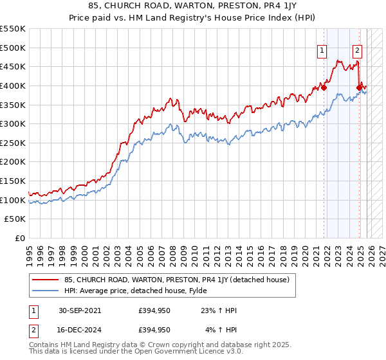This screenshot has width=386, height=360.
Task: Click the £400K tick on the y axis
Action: click(x=13, y=85)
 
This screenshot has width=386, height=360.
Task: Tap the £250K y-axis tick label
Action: click(x=13, y=143)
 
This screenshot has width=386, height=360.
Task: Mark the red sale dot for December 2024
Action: click(x=360, y=87)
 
